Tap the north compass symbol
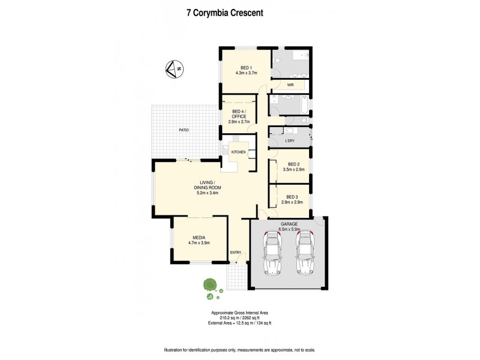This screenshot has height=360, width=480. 175,70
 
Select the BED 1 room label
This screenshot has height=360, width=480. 246,68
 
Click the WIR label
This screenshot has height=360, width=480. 290,85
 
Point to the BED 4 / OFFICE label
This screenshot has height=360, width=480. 239,114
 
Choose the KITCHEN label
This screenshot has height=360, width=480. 239,152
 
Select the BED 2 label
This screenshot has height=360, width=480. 293,164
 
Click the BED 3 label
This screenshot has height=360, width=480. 292,197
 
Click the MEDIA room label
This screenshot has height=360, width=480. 199,237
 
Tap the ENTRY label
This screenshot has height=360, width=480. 236,252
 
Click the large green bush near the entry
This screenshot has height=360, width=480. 209,284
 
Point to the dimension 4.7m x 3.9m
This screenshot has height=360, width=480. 199,243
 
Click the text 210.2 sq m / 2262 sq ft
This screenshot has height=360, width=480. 241,317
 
